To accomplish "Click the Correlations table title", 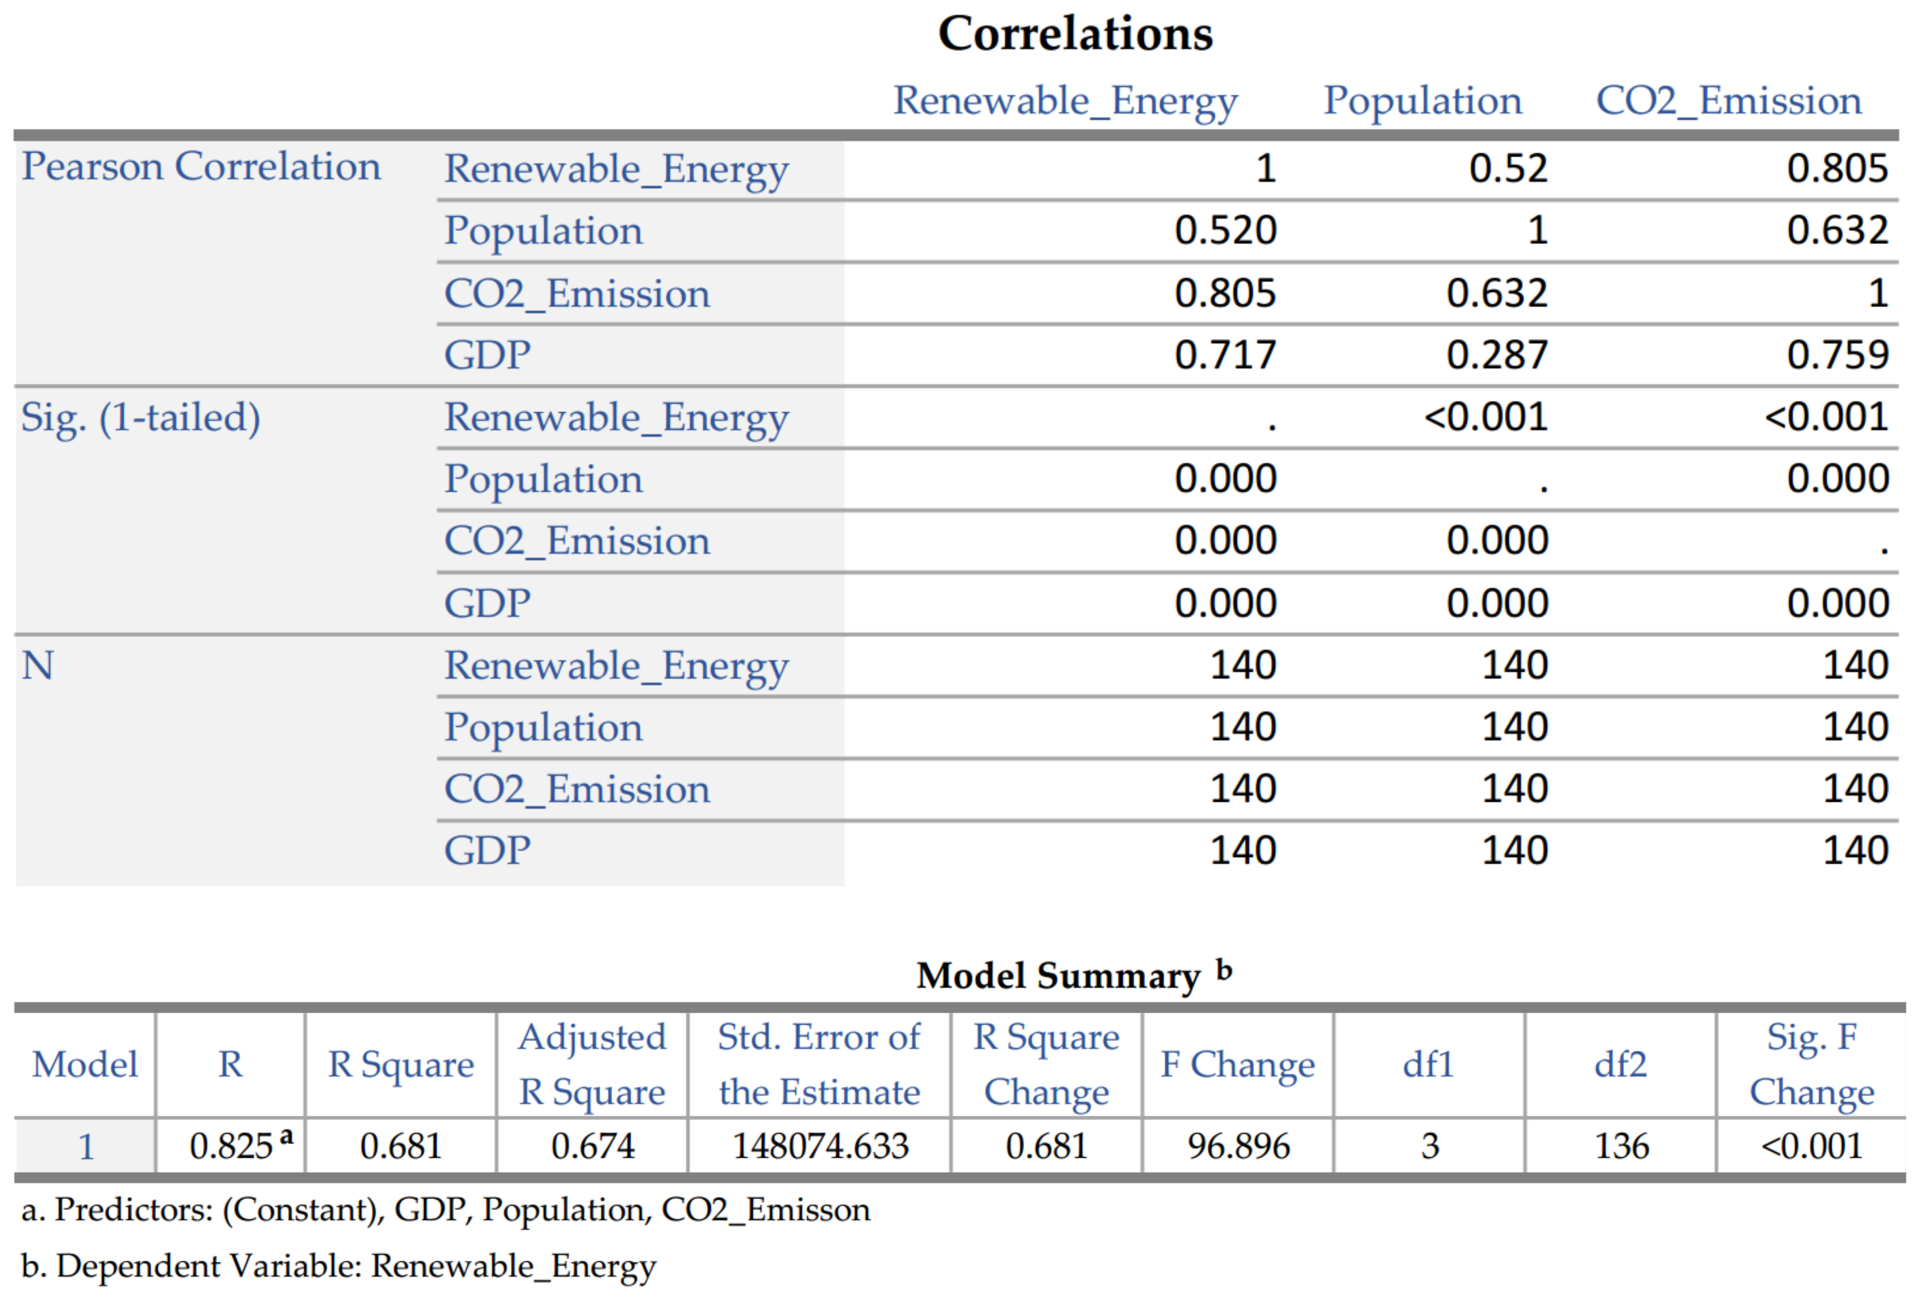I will [x=1074, y=34].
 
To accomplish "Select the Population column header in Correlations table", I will [x=1422, y=101].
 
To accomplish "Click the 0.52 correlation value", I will [x=1507, y=169].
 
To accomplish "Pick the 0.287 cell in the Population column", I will [x=1496, y=355].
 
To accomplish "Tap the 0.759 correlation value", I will [x=1837, y=355].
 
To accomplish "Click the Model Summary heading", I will [x=1059, y=976].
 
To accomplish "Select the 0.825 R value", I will [x=231, y=1146].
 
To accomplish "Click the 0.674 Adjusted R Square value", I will [x=592, y=1146].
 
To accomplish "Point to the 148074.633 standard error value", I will [x=821, y=1146].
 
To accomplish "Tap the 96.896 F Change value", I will [x=1238, y=1146].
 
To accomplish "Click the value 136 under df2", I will [x=1621, y=1146].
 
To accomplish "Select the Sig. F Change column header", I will [x=1811, y=1064].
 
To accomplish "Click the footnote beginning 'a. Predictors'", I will [x=445, y=1210].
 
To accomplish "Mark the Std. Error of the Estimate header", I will [x=819, y=1064].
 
